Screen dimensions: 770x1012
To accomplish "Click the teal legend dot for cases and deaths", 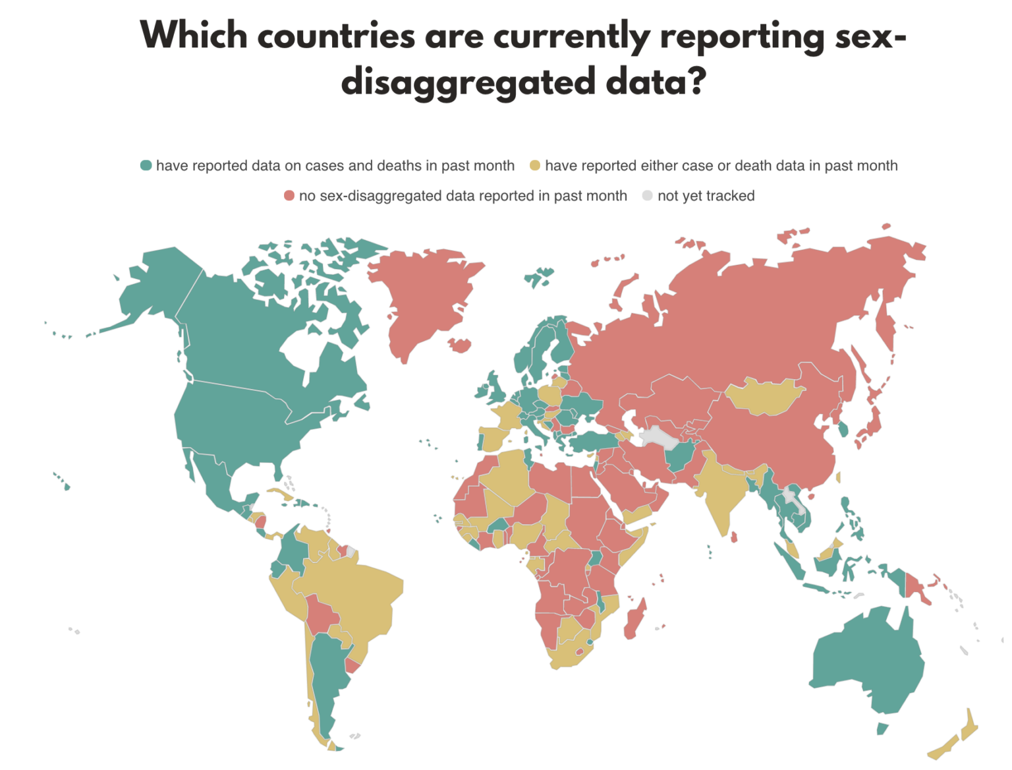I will [x=146, y=165].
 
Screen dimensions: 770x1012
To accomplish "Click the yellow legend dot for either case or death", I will [x=535, y=165].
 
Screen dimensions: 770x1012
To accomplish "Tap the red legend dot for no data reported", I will [x=289, y=196].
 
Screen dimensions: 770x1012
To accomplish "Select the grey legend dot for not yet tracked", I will [x=648, y=196].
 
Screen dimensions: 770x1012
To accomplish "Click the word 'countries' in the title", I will [x=336, y=36].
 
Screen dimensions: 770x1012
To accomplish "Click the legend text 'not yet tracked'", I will [x=706, y=196].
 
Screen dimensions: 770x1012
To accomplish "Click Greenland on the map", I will [x=425, y=297].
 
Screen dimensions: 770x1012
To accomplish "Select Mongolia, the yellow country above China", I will [x=764, y=396].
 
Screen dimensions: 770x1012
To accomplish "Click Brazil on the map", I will [x=356, y=593].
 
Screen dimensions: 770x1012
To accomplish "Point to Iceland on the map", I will [x=539, y=277].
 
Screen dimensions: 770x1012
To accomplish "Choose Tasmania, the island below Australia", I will [x=882, y=728].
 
